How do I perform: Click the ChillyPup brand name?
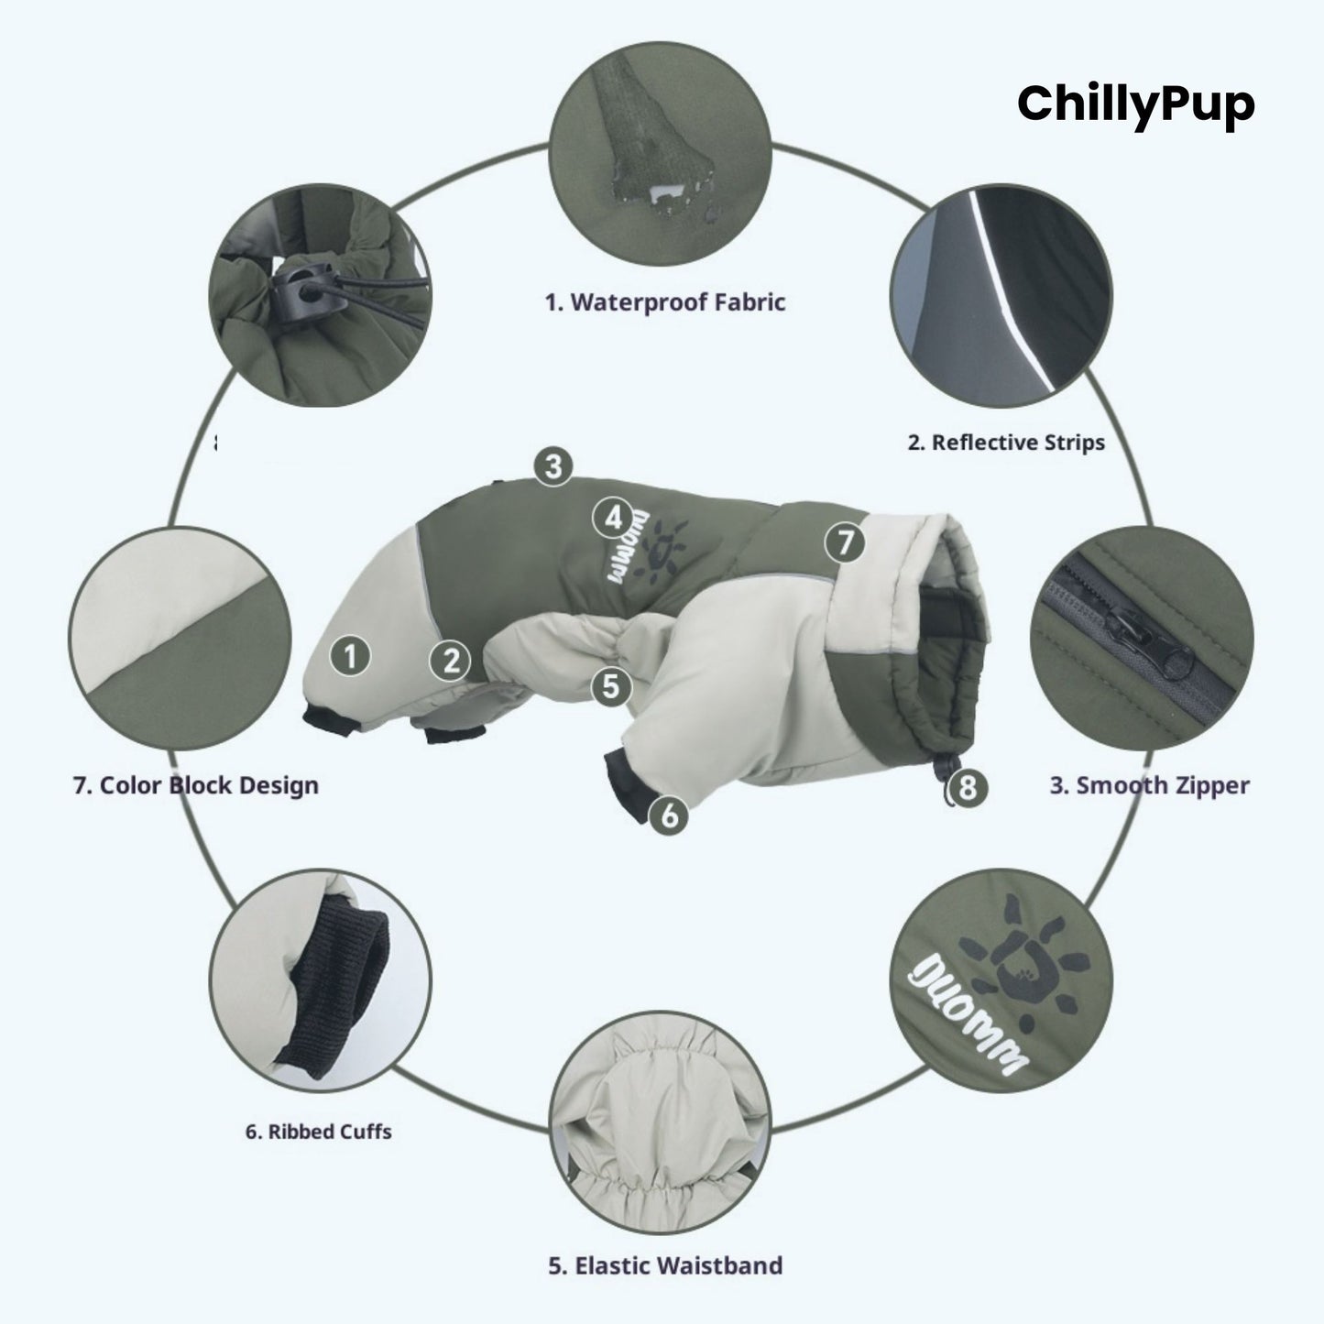click(x=1135, y=104)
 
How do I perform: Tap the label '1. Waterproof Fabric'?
click(x=665, y=302)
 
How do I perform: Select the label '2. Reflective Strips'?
click(x=1006, y=443)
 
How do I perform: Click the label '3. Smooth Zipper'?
click(x=1149, y=785)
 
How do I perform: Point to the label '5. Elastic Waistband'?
click(x=665, y=1266)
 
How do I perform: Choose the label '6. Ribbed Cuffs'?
click(x=318, y=1132)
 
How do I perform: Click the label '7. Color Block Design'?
click(x=195, y=785)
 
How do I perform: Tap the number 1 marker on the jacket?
click(x=350, y=656)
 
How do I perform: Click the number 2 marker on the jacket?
click(x=451, y=660)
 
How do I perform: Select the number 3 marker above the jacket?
click(x=553, y=466)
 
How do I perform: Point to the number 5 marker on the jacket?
click(x=611, y=684)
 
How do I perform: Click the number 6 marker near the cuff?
click(x=670, y=814)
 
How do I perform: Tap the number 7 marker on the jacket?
click(x=845, y=543)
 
